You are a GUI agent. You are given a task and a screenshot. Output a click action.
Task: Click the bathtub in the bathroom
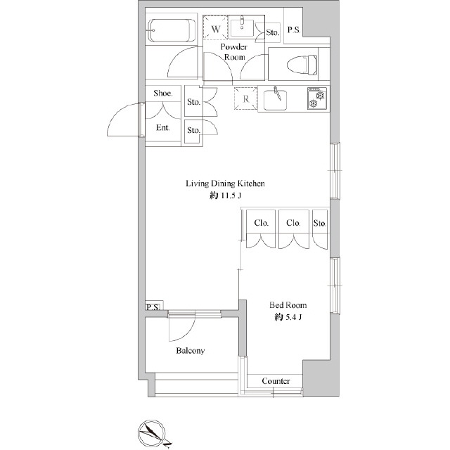coord(172,30)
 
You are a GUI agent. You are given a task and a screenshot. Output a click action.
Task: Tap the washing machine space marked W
coord(216,27)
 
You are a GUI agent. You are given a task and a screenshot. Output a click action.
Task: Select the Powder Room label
coord(234,51)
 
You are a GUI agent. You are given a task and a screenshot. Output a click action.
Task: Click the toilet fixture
coord(302,64)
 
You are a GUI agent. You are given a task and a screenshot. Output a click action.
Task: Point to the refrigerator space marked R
coord(245,98)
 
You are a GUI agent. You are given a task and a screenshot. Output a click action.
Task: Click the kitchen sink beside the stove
coord(275,99)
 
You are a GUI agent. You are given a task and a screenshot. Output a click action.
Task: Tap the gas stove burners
coord(317,98)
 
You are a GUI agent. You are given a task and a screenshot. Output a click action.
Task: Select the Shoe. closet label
coord(163,93)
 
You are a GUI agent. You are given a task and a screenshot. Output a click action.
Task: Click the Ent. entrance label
coord(162,127)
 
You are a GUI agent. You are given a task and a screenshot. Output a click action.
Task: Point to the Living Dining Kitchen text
coord(225,184)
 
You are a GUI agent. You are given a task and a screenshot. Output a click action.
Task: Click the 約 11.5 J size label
coord(225,195)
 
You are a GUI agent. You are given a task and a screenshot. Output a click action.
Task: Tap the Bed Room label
coord(288,304)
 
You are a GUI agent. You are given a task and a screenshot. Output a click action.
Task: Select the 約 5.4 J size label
coord(288,317)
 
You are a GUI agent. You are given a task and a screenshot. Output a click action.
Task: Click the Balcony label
coord(191,350)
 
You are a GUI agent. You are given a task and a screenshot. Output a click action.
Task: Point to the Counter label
coord(276,381)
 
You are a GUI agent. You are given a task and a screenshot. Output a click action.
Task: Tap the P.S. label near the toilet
coord(294,30)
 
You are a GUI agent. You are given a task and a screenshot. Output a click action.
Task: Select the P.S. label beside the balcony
coord(153,307)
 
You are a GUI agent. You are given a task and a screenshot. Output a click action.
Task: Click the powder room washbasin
coord(242,27)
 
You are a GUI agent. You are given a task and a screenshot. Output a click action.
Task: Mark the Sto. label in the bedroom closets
coord(320,223)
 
